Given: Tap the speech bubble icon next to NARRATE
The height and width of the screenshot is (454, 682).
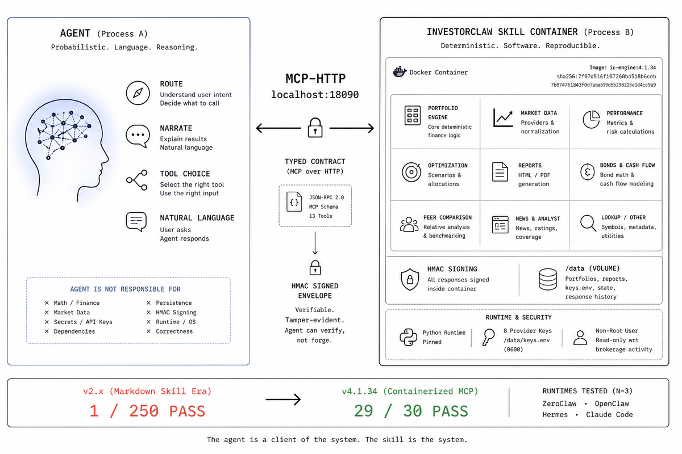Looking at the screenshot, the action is click(x=138, y=136).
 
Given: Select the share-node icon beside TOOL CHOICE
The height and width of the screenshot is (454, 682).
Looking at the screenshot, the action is click(x=137, y=180).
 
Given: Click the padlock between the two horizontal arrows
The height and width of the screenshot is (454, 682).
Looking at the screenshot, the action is click(x=315, y=128).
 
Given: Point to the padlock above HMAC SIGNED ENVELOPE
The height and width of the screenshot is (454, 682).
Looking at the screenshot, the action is click(x=315, y=268).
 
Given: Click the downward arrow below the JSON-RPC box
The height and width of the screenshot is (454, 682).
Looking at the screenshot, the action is click(x=315, y=243).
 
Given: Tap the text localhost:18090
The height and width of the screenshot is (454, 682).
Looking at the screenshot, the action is click(x=315, y=95).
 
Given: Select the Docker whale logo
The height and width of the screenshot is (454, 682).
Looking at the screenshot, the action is click(x=400, y=72).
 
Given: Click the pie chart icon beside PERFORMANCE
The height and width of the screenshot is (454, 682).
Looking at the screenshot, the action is click(x=591, y=119).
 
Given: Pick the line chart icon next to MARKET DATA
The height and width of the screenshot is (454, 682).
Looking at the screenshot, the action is click(x=502, y=117).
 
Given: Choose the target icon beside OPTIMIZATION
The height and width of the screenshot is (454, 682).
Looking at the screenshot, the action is click(x=411, y=172).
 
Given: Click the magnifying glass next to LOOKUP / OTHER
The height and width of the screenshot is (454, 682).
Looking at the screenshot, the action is click(x=588, y=223).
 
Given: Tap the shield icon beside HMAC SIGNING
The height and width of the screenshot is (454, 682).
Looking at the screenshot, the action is click(x=410, y=279).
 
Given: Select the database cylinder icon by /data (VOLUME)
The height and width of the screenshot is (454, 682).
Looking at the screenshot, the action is click(x=548, y=279).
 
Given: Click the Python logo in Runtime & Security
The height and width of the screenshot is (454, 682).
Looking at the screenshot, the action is click(x=408, y=337).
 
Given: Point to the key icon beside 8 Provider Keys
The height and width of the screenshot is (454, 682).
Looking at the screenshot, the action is click(x=489, y=337).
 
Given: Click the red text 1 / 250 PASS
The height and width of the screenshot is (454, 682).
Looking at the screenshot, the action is click(x=147, y=411).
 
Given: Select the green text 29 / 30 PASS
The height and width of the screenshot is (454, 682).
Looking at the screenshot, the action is click(x=411, y=411).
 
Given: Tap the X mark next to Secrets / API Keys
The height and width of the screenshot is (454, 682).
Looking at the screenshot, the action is click(x=47, y=322).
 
